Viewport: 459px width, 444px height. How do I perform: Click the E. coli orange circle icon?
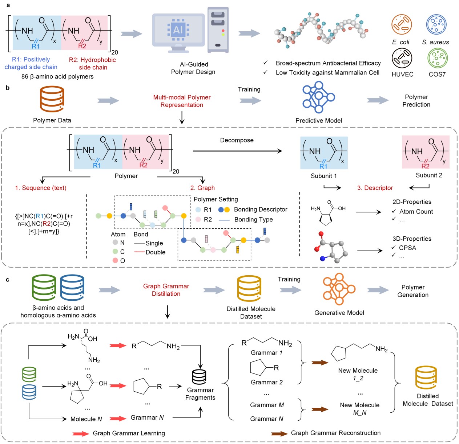coord(401,24)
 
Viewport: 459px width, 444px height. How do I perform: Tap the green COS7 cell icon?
coord(437,58)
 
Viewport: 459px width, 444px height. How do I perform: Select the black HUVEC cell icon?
coord(402,58)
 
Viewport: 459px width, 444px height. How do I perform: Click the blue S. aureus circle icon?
coord(436,24)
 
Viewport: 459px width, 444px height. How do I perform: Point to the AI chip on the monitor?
coord(178,30)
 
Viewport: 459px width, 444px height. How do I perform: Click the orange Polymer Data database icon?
coord(52,99)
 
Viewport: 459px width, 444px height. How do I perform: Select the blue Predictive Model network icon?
coord(318,97)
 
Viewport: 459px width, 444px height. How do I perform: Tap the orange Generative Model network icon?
coord(339,289)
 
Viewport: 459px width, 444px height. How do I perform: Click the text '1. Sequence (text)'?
coord(41,188)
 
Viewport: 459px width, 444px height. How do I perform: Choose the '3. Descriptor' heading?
coord(375,188)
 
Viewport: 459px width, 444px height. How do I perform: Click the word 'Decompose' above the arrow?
coord(237,140)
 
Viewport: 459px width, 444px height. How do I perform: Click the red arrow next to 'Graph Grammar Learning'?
coord(81,433)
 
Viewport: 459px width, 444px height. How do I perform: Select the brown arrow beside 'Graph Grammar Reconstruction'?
coord(279,433)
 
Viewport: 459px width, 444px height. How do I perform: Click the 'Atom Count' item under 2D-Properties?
coord(416,212)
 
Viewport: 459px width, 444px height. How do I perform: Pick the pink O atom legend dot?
coord(115,260)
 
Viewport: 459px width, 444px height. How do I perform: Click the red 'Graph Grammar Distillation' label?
coord(166,290)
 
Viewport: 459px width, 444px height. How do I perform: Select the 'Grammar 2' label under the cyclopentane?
coord(266,382)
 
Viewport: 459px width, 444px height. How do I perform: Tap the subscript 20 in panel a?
coord(114,52)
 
